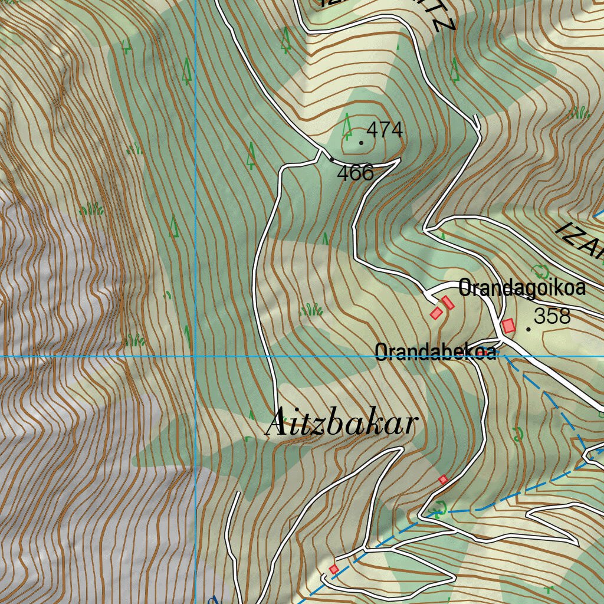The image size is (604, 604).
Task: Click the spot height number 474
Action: point(385,129)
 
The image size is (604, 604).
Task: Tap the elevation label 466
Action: point(355,173)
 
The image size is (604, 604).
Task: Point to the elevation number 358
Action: point(552,317)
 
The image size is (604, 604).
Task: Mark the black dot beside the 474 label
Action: point(361,142)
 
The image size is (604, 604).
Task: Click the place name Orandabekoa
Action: point(435,352)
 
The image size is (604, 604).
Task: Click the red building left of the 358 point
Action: point(508,325)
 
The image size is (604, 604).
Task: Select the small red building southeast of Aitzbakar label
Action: point(443,480)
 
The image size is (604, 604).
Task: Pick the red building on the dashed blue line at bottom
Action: point(334,569)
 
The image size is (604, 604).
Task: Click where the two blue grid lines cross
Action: point(195,356)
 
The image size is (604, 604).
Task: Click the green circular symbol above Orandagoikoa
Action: point(539,271)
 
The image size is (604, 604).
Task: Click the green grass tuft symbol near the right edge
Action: point(579,112)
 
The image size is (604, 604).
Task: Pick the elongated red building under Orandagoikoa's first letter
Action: point(448,303)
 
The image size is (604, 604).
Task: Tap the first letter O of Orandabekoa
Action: point(381,352)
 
